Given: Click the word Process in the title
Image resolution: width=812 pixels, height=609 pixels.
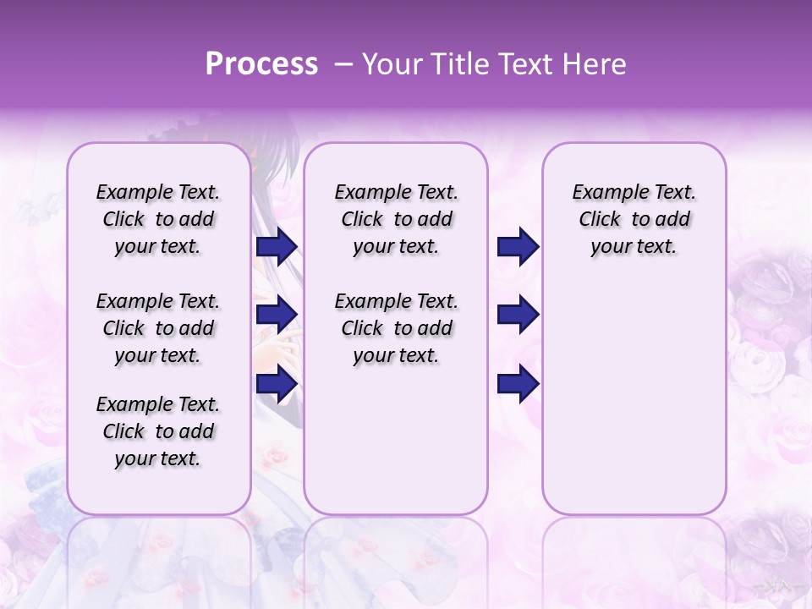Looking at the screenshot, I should pos(261,64).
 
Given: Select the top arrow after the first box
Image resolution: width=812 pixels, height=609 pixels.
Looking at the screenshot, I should pos(276,247).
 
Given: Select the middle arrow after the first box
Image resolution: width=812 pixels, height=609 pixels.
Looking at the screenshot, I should pos(276,315).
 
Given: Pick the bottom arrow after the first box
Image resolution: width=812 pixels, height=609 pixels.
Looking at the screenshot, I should pos(276,384).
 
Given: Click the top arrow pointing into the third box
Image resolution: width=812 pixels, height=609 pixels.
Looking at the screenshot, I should pos(518,247).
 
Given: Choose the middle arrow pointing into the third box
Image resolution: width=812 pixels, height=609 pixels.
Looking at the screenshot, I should pos(518,315).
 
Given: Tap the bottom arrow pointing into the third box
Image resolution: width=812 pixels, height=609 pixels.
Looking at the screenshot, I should pos(518,384).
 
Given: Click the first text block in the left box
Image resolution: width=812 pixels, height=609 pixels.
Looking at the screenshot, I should pos(158,219).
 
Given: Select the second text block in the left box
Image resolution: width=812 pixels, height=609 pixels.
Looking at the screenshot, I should pos(158,328).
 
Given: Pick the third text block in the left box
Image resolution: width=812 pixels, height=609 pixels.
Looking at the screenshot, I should pos(158,431).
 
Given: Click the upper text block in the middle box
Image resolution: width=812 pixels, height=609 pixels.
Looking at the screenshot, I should pos(396,219).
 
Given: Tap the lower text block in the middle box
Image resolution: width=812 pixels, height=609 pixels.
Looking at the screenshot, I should pos(396,328).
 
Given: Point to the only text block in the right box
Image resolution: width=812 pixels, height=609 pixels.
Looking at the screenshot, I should pos(634,219).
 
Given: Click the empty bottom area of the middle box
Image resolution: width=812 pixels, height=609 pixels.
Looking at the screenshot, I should pos(396,448).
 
